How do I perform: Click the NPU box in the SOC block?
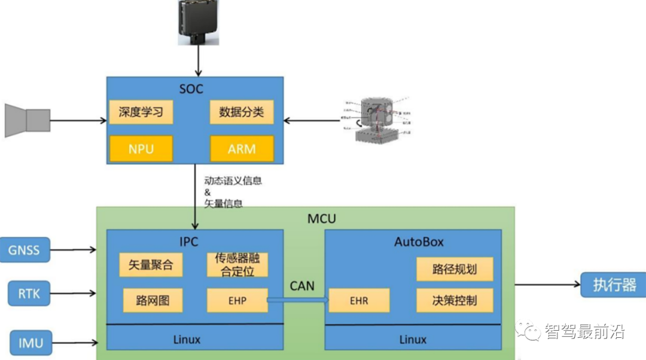click(x=141, y=148)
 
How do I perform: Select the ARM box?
click(x=242, y=148)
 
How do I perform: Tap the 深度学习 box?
click(x=141, y=112)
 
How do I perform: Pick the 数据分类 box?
click(x=242, y=112)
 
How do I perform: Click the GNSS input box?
click(x=25, y=249)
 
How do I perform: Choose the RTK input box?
click(x=29, y=293)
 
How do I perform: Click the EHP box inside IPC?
click(x=237, y=300)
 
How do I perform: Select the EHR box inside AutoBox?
click(x=359, y=300)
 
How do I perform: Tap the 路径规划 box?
click(x=455, y=269)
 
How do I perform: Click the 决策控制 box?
click(x=455, y=300)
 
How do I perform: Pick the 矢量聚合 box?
click(x=151, y=265)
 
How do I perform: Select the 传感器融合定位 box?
click(x=237, y=265)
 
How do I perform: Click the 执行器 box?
click(x=614, y=285)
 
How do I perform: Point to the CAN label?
click(x=302, y=285)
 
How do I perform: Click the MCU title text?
click(x=322, y=218)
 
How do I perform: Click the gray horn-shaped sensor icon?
click(x=28, y=120)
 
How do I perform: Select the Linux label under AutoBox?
click(x=413, y=340)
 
